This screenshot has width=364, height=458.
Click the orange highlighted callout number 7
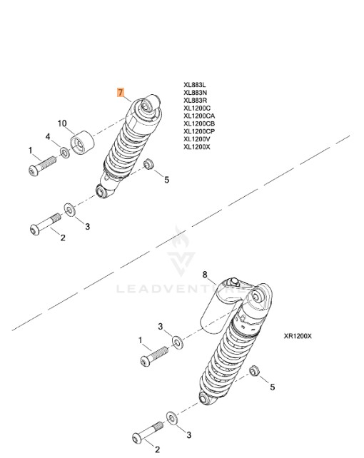[x=121, y=92]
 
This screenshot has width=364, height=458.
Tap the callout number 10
[x=62, y=123]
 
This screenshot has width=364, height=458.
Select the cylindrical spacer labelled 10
[x=82, y=142]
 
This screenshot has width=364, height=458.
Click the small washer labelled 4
[x=65, y=153]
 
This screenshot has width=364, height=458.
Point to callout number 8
[x=205, y=275]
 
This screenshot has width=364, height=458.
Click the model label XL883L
[x=195, y=85]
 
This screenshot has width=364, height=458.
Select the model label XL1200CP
[x=199, y=131]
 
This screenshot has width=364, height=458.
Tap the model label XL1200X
[x=197, y=147]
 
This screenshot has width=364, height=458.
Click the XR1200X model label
[x=298, y=336]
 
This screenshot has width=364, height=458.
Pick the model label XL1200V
[x=197, y=139]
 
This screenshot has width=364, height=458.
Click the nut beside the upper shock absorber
[x=149, y=163]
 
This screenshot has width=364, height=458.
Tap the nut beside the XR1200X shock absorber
[x=253, y=371]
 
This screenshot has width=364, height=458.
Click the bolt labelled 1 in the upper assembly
[x=42, y=166]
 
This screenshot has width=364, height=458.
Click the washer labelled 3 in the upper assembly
[x=70, y=210]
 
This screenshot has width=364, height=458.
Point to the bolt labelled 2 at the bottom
[x=148, y=433]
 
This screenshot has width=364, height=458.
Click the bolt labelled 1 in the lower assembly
[x=154, y=357]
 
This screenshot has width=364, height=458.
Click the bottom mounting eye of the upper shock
[x=101, y=192]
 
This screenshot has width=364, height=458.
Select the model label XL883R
[x=195, y=101]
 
